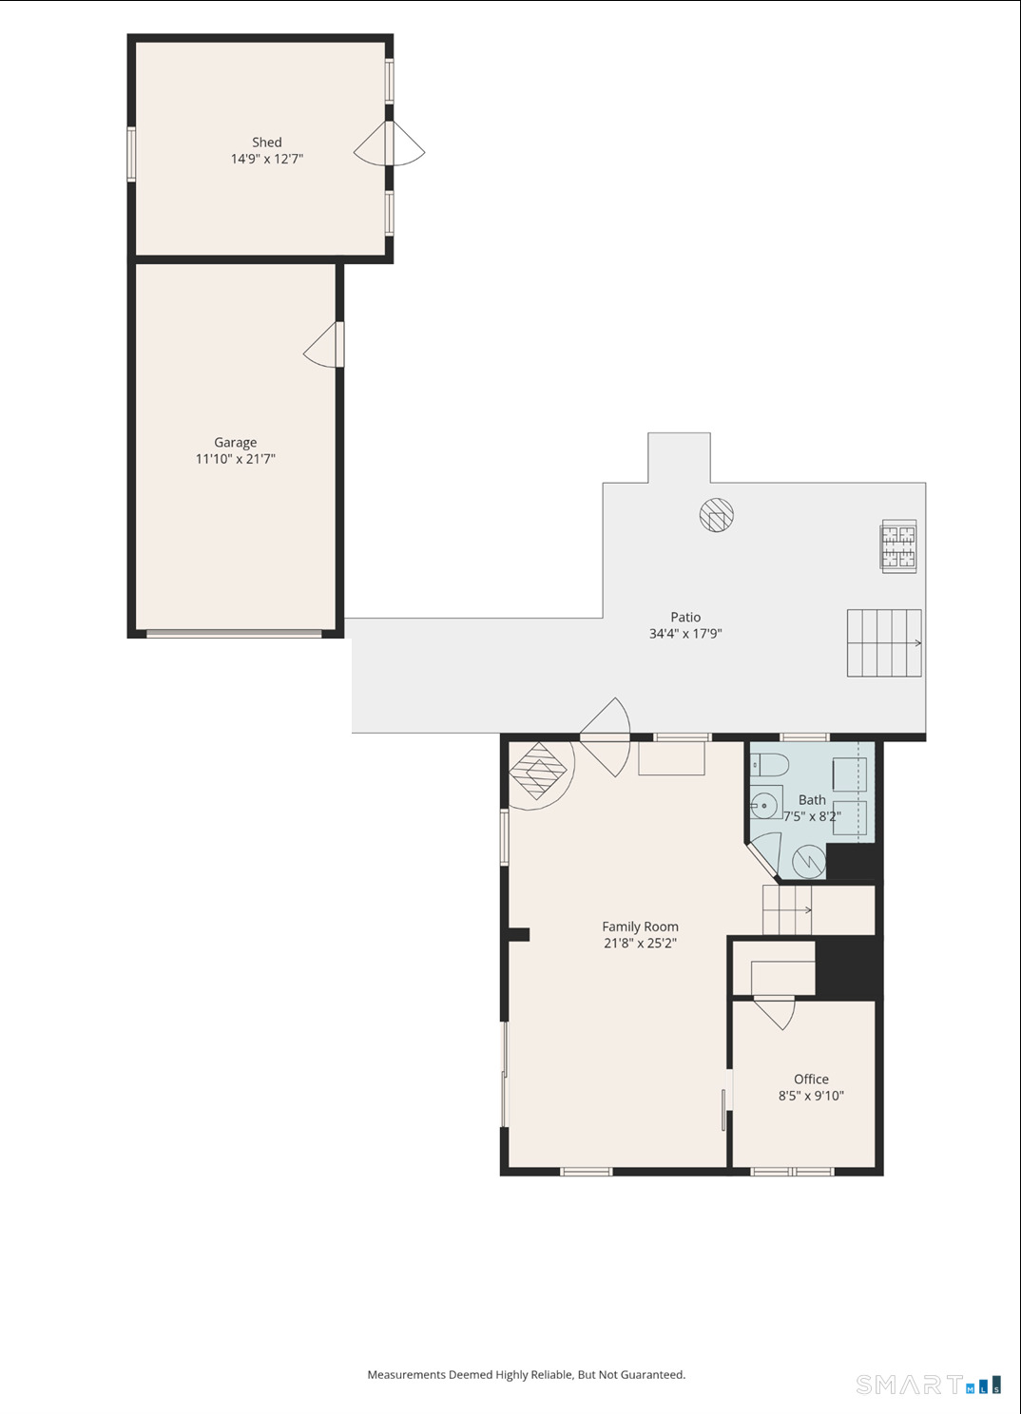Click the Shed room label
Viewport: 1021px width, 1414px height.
pyautogui.click(x=266, y=143)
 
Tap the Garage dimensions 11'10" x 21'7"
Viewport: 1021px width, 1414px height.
pyautogui.click(x=235, y=459)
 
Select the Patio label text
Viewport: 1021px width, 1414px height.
pyautogui.click(x=685, y=618)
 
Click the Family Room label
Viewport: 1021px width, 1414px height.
pyautogui.click(x=640, y=927)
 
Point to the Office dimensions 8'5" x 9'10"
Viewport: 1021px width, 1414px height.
pyautogui.click(x=811, y=1096)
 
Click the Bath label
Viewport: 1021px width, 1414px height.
pyautogui.click(x=812, y=800)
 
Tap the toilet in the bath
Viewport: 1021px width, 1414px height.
pyautogui.click(x=769, y=765)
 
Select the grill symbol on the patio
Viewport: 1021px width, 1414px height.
pyautogui.click(x=898, y=546)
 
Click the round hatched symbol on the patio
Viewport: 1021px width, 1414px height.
pyautogui.click(x=716, y=515)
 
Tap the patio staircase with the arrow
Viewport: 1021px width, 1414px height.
pyautogui.click(x=884, y=643)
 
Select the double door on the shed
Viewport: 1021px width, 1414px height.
pyautogui.click(x=390, y=143)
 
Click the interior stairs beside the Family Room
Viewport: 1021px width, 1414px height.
pyautogui.click(x=787, y=909)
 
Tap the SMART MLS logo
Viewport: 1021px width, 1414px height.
pyautogui.click(x=928, y=1385)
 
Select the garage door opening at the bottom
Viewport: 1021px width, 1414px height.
pyautogui.click(x=234, y=633)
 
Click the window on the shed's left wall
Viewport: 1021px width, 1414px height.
pyautogui.click(x=131, y=154)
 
